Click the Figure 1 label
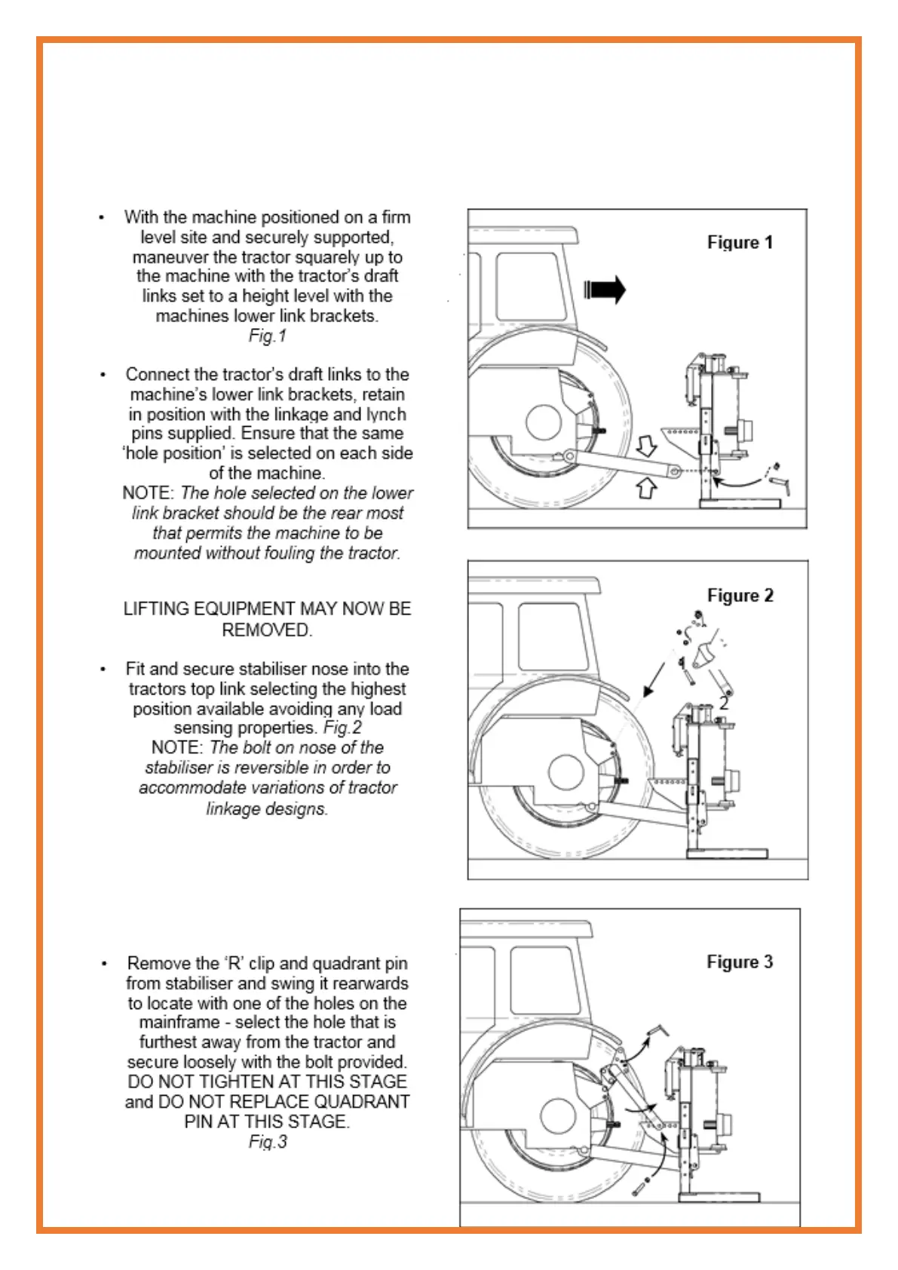pyautogui.click(x=740, y=243)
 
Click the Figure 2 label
pyautogui.click(x=740, y=596)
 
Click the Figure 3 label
pyautogui.click(x=739, y=962)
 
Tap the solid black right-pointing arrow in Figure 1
pyautogui.click(x=605, y=290)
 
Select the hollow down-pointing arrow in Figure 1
pyautogui.click(x=646, y=446)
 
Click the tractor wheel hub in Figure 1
pyautogui.click(x=544, y=422)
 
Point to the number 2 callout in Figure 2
pyautogui.click(x=724, y=703)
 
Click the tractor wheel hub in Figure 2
pyautogui.click(x=566, y=772)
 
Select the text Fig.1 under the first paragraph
pyautogui.click(x=268, y=336)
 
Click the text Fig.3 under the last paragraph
pyautogui.click(x=268, y=1143)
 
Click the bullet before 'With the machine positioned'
pyautogui.click(x=101, y=218)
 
